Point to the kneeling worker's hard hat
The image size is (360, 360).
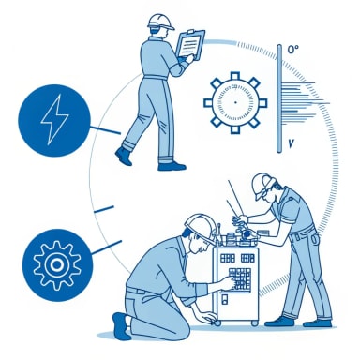[200, 223]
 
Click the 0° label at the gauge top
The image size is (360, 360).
[292, 49]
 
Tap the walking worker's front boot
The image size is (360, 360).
[172, 165]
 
